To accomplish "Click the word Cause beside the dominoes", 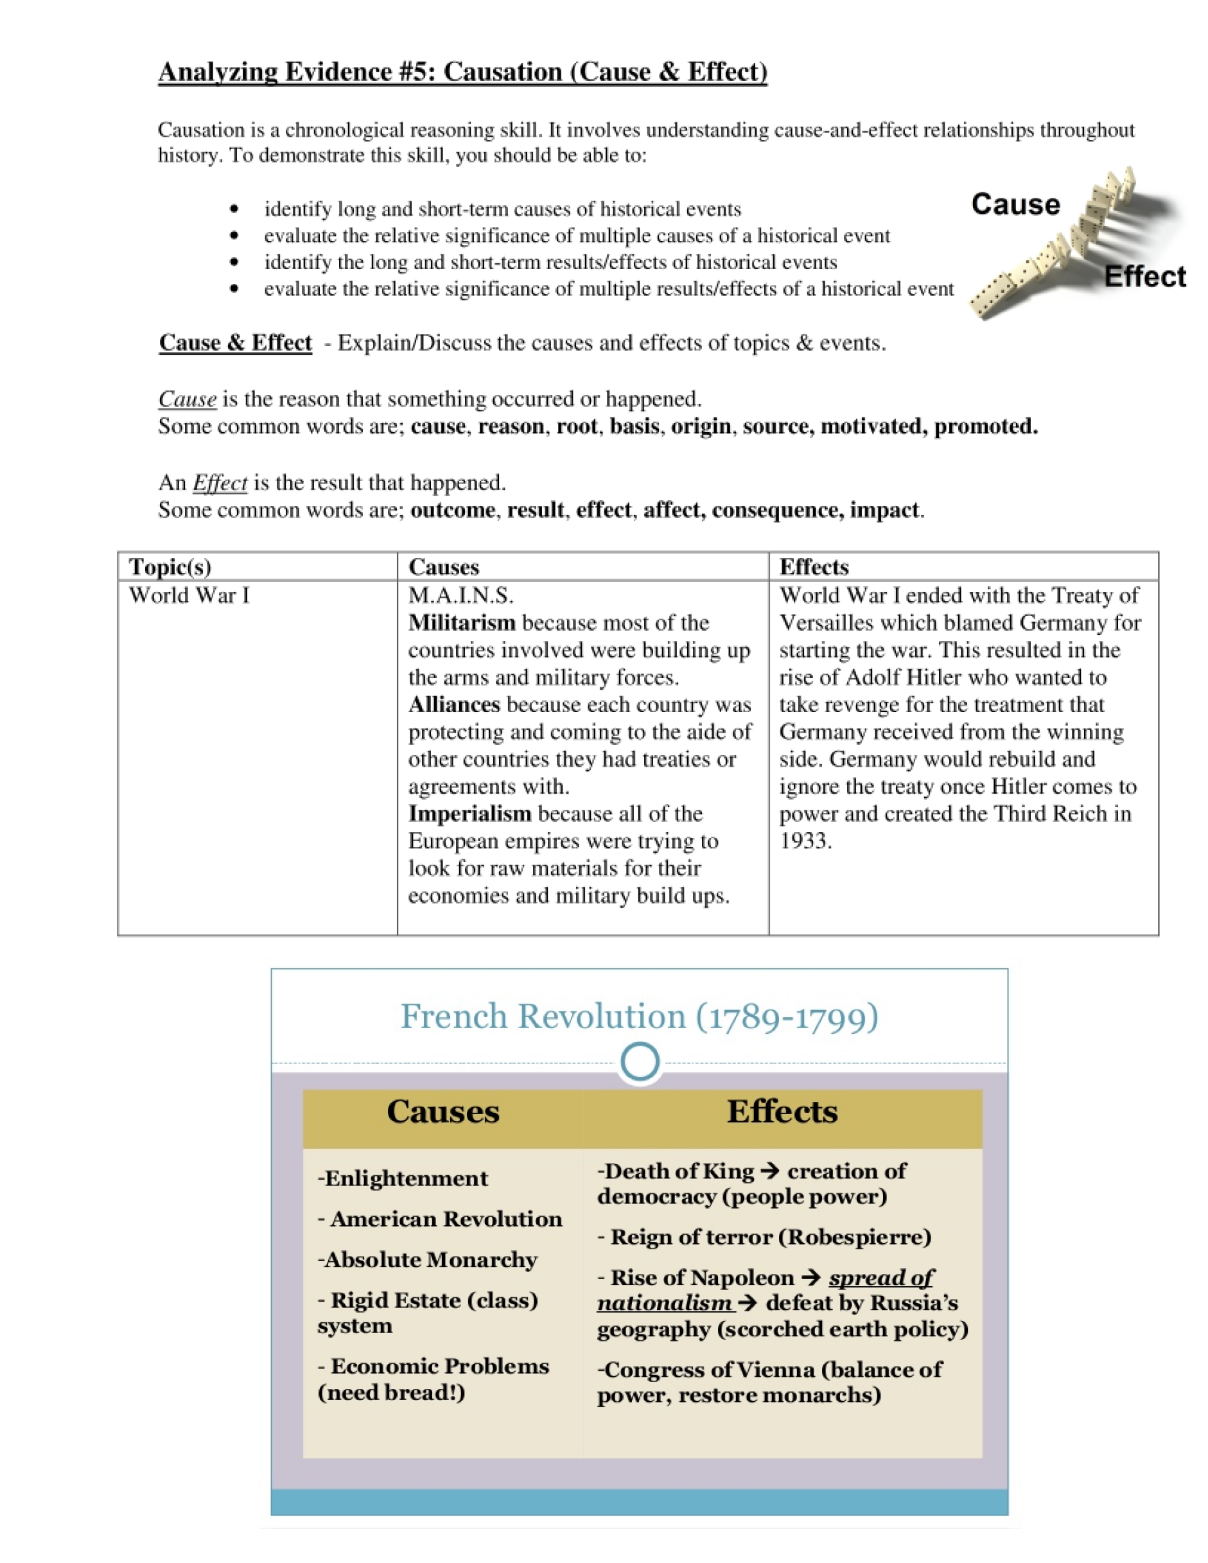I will pyautogui.click(x=1015, y=205).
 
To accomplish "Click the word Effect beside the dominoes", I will pyautogui.click(x=1144, y=277).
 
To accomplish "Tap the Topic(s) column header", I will pyautogui.click(x=170, y=567).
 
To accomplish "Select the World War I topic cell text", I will pyautogui.click(x=189, y=595).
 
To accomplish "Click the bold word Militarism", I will pyautogui.click(x=462, y=623).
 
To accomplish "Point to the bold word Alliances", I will pyautogui.click(x=453, y=705).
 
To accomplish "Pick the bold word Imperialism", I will pyautogui.click(x=469, y=814).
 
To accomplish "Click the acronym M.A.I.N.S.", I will pyautogui.click(x=461, y=595).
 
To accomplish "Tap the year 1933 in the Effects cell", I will pyautogui.click(x=805, y=841).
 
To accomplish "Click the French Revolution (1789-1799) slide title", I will pyautogui.click(x=639, y=1017).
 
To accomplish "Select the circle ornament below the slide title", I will pyautogui.click(x=640, y=1062).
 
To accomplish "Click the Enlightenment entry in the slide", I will pyautogui.click(x=403, y=1179).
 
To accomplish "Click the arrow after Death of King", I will pyautogui.click(x=770, y=1171).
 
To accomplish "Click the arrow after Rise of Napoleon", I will pyautogui.click(x=811, y=1278).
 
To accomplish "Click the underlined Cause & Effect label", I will pyautogui.click(x=236, y=343).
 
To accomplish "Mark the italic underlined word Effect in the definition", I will pyautogui.click(x=220, y=483).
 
